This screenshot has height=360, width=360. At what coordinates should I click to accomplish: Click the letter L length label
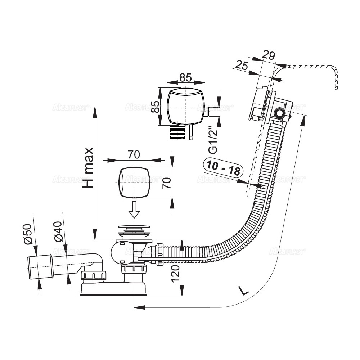tap(244, 290)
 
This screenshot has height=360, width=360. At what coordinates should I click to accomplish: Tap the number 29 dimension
tap(268, 55)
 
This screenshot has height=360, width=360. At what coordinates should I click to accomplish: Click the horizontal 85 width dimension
tap(185, 77)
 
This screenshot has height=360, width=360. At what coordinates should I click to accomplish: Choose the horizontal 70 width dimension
tap(134, 154)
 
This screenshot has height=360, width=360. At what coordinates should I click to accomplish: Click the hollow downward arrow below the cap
tap(134, 210)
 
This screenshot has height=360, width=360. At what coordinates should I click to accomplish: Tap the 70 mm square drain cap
tap(133, 182)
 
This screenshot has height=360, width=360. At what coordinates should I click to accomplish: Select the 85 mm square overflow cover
tap(185, 107)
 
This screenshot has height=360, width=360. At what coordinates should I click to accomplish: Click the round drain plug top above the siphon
tap(134, 228)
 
